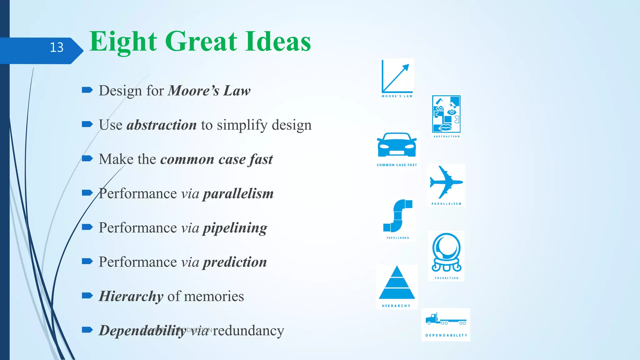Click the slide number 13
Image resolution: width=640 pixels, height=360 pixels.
(x=57, y=47)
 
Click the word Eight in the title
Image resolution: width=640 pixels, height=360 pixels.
(x=123, y=42)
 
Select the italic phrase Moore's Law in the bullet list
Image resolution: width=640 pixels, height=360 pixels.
(x=209, y=91)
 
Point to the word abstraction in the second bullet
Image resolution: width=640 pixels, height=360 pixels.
(x=162, y=125)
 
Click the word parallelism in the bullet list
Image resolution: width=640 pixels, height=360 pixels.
(x=238, y=194)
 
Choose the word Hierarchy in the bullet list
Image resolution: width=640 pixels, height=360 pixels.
(x=131, y=296)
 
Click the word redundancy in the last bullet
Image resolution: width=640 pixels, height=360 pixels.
(x=248, y=331)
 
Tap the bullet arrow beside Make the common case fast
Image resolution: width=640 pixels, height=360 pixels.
(x=87, y=158)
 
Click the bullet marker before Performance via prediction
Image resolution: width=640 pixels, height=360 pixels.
(x=87, y=261)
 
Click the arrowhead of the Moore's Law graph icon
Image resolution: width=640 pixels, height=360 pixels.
(x=406, y=67)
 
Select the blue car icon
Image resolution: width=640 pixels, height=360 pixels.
(x=397, y=145)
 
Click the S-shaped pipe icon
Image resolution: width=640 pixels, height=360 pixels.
(x=397, y=216)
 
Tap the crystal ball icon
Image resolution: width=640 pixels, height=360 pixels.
(x=446, y=252)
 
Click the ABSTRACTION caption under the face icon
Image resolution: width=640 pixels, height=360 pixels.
(x=447, y=137)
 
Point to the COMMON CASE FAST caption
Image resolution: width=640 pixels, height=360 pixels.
(x=397, y=165)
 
